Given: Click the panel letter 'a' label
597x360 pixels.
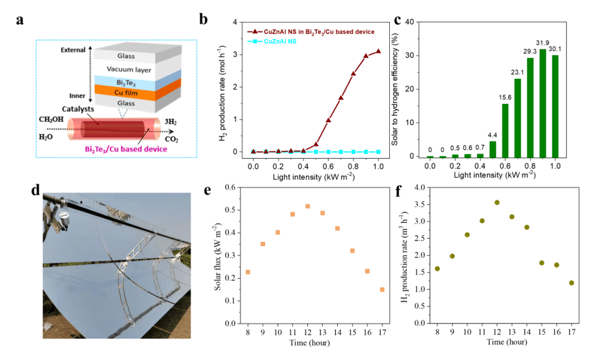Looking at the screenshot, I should tap(20, 21).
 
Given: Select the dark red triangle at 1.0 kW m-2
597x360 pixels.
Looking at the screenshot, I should tap(379, 51).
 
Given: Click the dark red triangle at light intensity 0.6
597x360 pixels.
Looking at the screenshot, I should tap(328, 120).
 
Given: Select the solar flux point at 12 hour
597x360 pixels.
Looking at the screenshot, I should tap(307, 206).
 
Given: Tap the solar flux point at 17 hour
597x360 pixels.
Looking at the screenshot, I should tap(382, 290).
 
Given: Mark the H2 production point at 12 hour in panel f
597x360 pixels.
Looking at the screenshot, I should tap(497, 202).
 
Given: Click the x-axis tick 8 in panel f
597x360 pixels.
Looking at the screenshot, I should tap(437, 332).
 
